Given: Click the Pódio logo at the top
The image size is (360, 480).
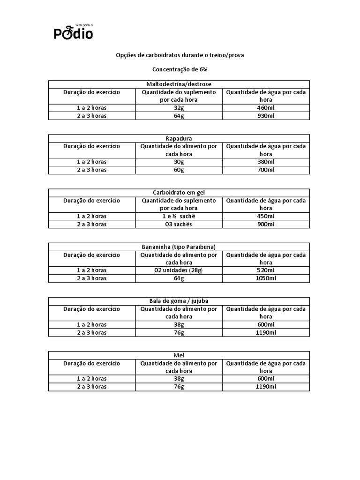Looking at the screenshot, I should pos(73,32).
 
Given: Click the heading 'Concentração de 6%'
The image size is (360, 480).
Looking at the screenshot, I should pos(180,69).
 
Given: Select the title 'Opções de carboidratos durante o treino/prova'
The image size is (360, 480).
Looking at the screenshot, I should pos(180,55).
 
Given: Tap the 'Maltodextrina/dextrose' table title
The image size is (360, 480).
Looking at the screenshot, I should pos(179,84).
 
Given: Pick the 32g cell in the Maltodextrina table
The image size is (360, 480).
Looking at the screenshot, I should pos(179,108).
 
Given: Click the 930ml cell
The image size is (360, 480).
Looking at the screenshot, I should pos(266,116).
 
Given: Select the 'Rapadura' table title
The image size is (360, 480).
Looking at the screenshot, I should pos(179,138).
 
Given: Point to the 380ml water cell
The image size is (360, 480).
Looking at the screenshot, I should pos(266,162).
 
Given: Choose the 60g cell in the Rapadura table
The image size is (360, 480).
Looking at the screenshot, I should pos(179,170).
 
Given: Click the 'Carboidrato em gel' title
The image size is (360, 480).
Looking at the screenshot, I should pos(179,193).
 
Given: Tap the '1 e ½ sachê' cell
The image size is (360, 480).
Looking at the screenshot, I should pos(179,216).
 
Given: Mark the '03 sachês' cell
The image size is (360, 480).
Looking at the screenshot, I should pos(179,224).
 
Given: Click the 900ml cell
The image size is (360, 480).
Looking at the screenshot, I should pos(266,224).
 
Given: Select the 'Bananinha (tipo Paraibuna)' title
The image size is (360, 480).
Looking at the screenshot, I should pos(179,247).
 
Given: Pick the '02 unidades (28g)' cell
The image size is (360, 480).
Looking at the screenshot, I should pos(179,270).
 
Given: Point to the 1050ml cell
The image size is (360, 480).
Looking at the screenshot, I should pos(266,278).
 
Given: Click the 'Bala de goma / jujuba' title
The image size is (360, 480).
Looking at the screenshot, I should pos(179,301).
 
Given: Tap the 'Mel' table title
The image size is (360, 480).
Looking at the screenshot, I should pos(179,355).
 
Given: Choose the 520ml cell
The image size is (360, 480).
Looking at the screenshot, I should pos(266,270).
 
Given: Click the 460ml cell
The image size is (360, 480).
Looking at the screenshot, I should pos(266,108).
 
